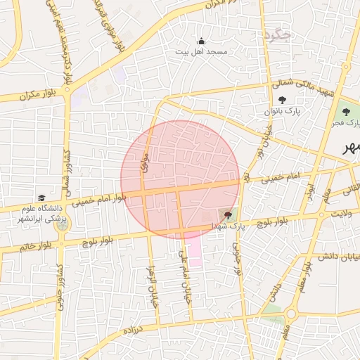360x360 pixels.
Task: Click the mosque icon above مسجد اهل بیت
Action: pyautogui.click(x=202, y=41)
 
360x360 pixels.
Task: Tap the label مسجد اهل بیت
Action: pyautogui.click(x=201, y=52)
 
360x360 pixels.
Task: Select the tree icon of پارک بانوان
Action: pyautogui.click(x=282, y=101)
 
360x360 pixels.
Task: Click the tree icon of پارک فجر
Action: pyautogui.click(x=345, y=112)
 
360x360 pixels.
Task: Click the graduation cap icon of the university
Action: pyautogui.click(x=41, y=198)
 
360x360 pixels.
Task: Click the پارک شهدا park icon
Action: pyautogui.click(x=226, y=214)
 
